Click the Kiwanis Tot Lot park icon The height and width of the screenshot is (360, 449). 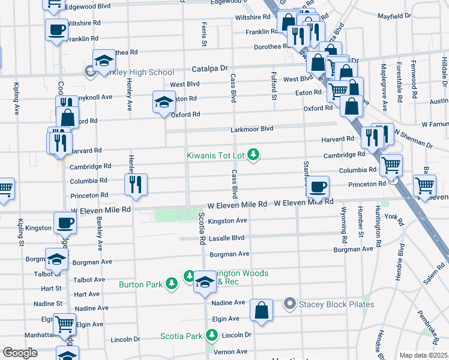(x=254, y=155)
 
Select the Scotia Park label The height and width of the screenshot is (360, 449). (x=181, y=336)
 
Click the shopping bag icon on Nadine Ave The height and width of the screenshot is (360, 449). (x=261, y=310)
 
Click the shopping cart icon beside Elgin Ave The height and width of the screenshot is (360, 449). (x=64, y=324)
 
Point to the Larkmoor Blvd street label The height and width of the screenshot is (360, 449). (x=252, y=129)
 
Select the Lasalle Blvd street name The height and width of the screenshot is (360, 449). (x=226, y=238)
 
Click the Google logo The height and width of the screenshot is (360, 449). (x=20, y=353)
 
